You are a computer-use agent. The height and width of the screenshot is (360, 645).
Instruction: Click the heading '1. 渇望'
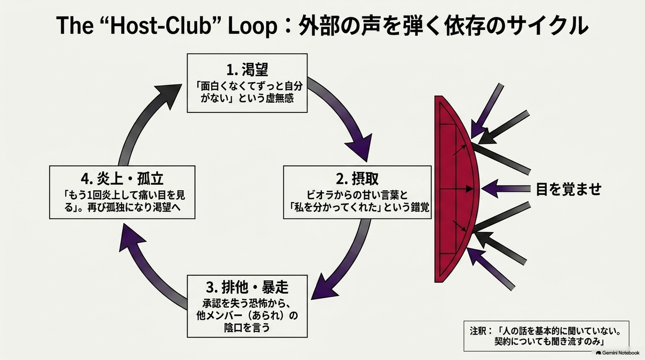[x=247, y=70]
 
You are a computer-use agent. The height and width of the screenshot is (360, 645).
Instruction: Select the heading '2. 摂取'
[x=357, y=179]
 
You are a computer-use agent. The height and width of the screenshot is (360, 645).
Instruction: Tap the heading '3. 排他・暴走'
[x=247, y=287]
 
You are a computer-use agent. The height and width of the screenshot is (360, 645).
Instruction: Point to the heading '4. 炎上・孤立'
[x=122, y=179]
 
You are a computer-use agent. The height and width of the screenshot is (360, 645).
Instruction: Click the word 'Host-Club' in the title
[x=161, y=25]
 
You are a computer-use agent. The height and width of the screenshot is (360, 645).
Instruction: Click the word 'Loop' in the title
[x=253, y=26]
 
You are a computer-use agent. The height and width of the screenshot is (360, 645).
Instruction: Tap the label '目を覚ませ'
[x=569, y=189]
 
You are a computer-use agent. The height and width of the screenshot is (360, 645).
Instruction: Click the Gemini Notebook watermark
[x=618, y=353]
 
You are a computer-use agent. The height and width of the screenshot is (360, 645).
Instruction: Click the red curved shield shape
[x=456, y=189]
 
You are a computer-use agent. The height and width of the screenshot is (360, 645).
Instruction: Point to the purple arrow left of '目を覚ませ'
[x=506, y=189]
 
